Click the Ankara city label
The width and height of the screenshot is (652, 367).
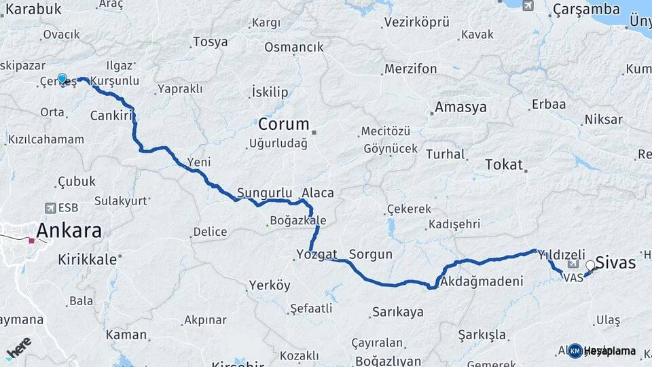click(x=69, y=230)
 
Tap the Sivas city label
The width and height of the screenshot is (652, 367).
click(x=615, y=262)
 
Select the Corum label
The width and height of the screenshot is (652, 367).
click(x=283, y=125)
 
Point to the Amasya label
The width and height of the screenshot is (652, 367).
click(x=460, y=107)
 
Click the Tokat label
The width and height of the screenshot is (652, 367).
click(x=504, y=164)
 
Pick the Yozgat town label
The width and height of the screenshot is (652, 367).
click(x=316, y=255)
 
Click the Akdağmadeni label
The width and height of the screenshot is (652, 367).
click(x=482, y=281)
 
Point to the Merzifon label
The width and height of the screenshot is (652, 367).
click(x=410, y=69)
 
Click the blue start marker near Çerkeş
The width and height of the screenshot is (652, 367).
click(x=62, y=80)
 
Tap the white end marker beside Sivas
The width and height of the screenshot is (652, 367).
click(x=591, y=266)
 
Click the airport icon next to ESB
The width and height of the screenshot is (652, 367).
click(x=50, y=207)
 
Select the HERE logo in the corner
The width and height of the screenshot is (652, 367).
click(x=18, y=348)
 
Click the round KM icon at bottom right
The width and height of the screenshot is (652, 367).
click(x=575, y=351)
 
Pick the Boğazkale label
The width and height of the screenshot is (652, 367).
click(x=298, y=221)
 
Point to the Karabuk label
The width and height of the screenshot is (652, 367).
click(x=33, y=9)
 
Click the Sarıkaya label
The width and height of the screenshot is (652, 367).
click(x=397, y=313)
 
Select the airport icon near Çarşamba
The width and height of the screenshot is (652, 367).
click(x=528, y=5)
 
